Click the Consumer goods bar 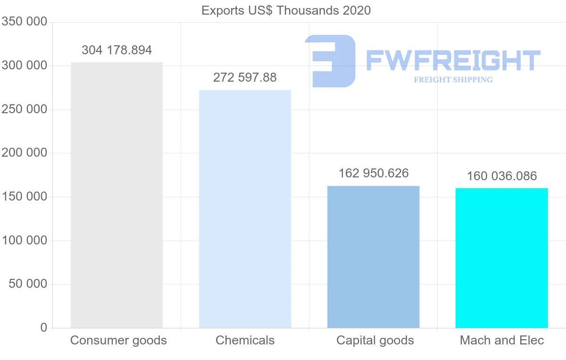pos(117,195)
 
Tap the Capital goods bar pos(373,257)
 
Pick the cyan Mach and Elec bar pos(501,258)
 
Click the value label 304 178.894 pos(117,50)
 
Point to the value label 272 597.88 pos(245,77)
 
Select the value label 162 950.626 pos(373,173)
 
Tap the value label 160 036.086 pos(501,176)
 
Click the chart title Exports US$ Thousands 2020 pos(286,10)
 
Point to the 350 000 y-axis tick pos(24,22)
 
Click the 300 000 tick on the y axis pos(24,66)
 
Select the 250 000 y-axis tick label pos(24,109)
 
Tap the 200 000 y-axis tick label pos(24,153)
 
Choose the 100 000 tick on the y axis pos(24,241)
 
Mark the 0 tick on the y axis pos(43,328)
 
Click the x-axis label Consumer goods pos(118,340)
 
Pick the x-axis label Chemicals pos(245,340)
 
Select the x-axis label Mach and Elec pos(502,340)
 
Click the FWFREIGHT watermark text pos(453,60)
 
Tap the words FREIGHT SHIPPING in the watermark pos(453,80)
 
